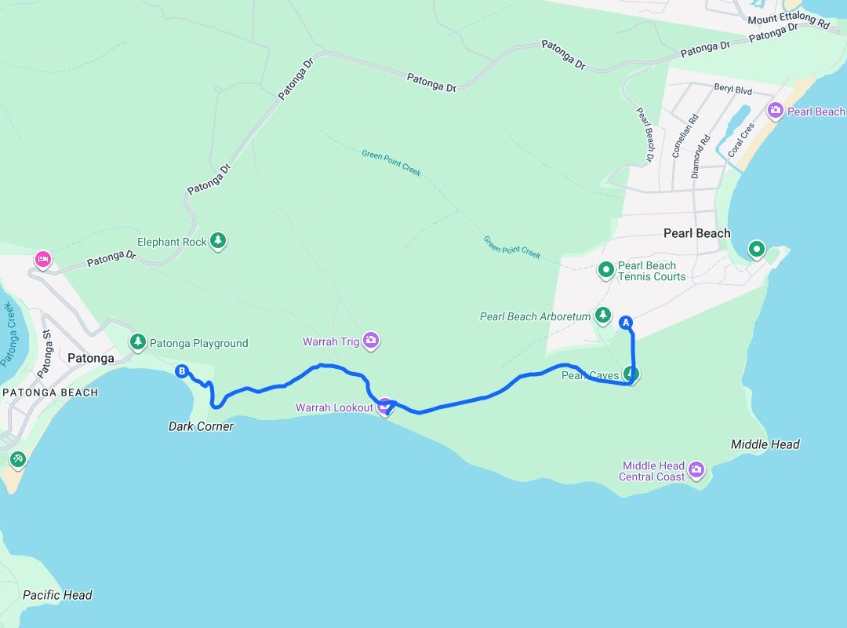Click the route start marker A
click(x=626, y=321)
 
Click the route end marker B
click(x=182, y=371)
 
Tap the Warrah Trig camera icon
click(x=371, y=341)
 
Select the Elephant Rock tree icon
click(x=219, y=241)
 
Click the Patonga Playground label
click(x=198, y=343)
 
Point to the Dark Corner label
click(x=201, y=426)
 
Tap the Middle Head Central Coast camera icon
click(x=696, y=471)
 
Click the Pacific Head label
click(x=57, y=595)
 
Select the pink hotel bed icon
click(x=42, y=258)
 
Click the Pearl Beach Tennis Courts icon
click(x=605, y=271)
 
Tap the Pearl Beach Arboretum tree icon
click(x=602, y=316)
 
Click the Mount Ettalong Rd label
click(x=788, y=21)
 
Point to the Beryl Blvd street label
click(x=732, y=91)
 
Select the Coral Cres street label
click(x=740, y=140)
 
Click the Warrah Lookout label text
click(x=334, y=407)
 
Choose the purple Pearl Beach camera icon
click(x=776, y=111)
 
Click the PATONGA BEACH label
click(x=50, y=392)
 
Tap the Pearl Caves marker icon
click(x=631, y=374)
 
